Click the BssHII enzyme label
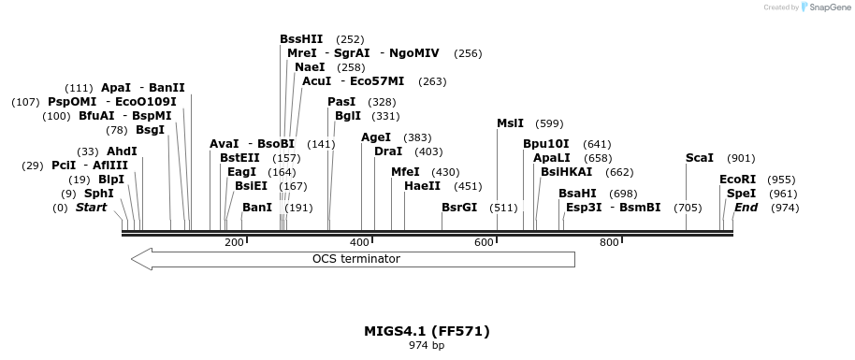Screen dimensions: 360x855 point(301,39)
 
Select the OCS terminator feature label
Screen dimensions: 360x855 point(355,259)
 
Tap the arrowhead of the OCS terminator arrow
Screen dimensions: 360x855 point(141,259)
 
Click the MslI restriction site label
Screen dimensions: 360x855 point(510,123)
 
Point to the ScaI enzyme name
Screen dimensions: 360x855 point(699,158)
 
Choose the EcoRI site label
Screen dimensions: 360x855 point(737,180)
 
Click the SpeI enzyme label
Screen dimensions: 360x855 point(741,194)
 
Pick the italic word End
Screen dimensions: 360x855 point(746,208)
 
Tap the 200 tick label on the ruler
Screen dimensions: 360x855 point(234,243)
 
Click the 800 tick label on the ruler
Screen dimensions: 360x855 point(609,243)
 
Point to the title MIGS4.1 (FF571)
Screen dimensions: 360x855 point(427,331)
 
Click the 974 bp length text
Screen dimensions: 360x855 point(427,346)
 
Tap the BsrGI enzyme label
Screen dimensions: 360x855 point(459,208)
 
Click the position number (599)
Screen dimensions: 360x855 point(550,123)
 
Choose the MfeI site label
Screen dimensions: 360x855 point(405,172)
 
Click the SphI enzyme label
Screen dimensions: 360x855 point(98,194)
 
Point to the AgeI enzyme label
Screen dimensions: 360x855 point(376,137)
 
